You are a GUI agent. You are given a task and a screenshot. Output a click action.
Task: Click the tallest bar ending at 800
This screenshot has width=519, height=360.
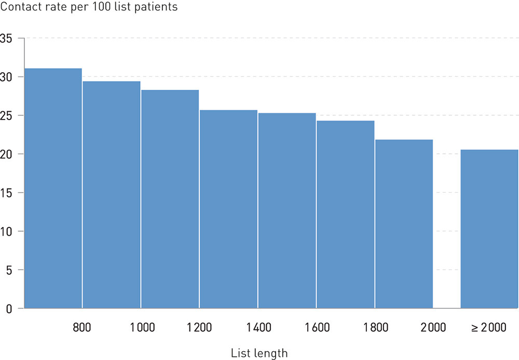pyautogui.click(x=53, y=188)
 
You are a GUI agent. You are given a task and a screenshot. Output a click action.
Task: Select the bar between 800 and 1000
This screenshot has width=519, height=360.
pyautogui.click(x=112, y=195)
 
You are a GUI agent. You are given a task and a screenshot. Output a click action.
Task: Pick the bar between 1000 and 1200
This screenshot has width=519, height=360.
pyautogui.click(x=170, y=199)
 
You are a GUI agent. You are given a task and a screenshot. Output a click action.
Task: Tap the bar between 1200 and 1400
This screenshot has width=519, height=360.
pyautogui.click(x=228, y=209)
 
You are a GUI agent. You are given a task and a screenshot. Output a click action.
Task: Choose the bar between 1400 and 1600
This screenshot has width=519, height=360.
pyautogui.click(x=287, y=210)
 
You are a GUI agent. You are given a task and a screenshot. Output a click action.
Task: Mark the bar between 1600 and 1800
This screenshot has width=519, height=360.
pyautogui.click(x=346, y=214)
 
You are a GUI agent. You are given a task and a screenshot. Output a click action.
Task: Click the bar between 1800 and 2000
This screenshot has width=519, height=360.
pyautogui.click(x=404, y=224)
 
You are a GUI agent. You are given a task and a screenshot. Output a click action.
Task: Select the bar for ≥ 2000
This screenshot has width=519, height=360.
pyautogui.click(x=489, y=229)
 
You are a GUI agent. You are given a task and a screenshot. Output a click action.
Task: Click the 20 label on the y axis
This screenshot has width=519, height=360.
pyautogui.click(x=6, y=154)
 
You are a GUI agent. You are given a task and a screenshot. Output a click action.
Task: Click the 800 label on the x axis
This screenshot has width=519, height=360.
pyautogui.click(x=82, y=328)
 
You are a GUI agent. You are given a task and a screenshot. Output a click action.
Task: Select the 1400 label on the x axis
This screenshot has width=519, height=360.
pyautogui.click(x=258, y=328)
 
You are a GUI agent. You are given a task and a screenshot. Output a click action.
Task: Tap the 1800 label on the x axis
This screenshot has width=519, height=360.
pyautogui.click(x=375, y=328)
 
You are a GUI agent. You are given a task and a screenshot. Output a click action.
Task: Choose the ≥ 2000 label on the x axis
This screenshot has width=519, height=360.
pyautogui.click(x=489, y=328)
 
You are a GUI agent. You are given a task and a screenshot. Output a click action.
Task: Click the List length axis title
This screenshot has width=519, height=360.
pyautogui.click(x=259, y=354)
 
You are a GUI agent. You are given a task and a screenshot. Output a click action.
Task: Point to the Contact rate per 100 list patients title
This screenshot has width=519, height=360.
pyautogui.click(x=89, y=7)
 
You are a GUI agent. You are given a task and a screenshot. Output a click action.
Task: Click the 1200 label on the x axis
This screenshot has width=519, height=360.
pyautogui.click(x=199, y=328)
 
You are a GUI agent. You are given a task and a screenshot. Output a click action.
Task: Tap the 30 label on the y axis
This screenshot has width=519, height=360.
pyautogui.click(x=6, y=77)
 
